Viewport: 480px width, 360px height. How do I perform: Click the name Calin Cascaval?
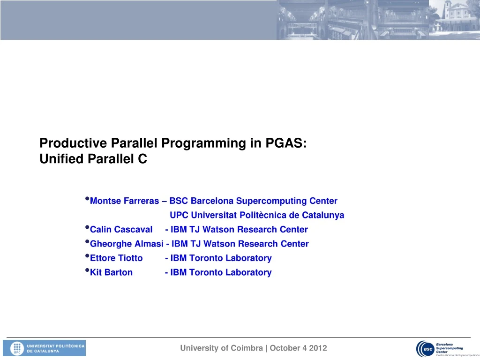pyautogui.click(x=121, y=230)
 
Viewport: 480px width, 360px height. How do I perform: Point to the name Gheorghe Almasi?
pyautogui.click(x=127, y=244)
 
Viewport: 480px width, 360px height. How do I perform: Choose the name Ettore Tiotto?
pyautogui.click(x=116, y=258)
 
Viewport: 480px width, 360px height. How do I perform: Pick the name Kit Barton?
pyautogui.click(x=111, y=272)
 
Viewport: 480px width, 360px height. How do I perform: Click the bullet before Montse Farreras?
pyautogui.click(x=87, y=200)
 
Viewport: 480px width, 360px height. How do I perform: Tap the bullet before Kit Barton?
pyautogui.click(x=87, y=271)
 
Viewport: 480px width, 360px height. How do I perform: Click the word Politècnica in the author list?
pyautogui.click(x=262, y=216)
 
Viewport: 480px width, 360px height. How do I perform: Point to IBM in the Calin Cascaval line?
pyautogui.click(x=179, y=230)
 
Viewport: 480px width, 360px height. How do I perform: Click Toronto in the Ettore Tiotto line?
pyautogui.click(x=207, y=258)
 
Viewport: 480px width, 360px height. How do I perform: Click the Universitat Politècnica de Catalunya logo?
pyautogui.click(x=45, y=348)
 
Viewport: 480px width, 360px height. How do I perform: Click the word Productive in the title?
pyautogui.click(x=74, y=143)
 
